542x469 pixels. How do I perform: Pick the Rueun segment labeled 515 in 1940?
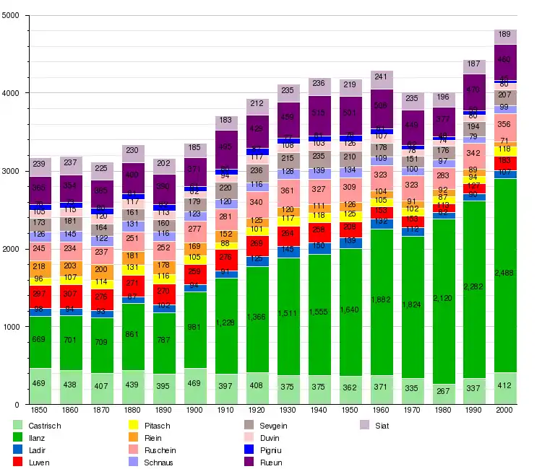pos(319,113)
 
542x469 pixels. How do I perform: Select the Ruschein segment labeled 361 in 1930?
pos(288,190)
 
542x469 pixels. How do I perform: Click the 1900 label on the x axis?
pos(195,410)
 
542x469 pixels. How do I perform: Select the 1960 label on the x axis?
pos(381,410)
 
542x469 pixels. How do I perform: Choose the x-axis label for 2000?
pos(505,410)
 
